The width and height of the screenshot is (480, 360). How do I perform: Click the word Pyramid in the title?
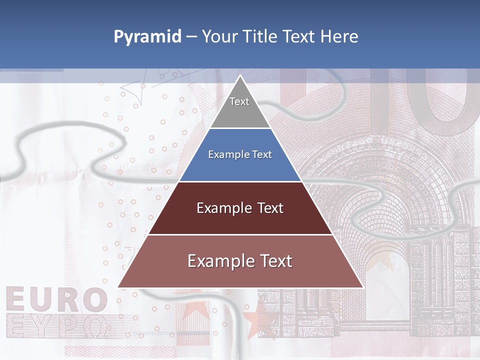147,37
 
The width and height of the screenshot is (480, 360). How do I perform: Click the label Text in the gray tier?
239,101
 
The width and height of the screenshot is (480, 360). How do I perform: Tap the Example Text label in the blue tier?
240,154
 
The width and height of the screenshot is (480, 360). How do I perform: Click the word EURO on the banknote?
56,300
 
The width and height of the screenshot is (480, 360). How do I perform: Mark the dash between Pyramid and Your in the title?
191,37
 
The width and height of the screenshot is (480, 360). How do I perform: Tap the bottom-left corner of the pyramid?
118,287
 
